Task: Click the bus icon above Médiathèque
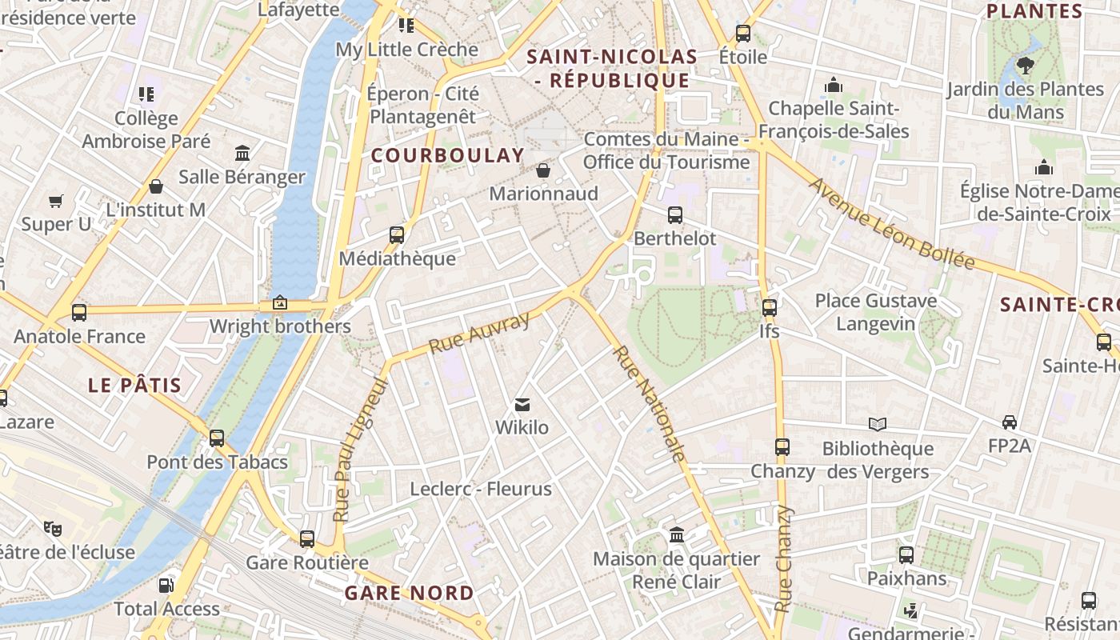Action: (396, 235)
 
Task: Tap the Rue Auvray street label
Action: (479, 334)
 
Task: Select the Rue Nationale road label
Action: (649, 404)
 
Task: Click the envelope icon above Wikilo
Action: (522, 405)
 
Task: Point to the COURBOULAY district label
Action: (448, 156)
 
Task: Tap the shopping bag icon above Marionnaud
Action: (543, 170)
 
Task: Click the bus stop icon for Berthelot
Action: (675, 215)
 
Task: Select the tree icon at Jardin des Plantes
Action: (1025, 66)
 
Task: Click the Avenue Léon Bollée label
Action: (891, 223)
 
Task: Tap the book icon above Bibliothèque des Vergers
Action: (878, 424)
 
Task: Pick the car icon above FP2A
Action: (1010, 422)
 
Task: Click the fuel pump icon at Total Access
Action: (166, 586)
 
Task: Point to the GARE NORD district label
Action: (410, 594)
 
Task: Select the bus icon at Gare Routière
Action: (307, 539)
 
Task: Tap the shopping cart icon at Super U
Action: (56, 201)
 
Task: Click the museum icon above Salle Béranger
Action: (242, 153)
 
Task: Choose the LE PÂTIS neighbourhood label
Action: (135, 386)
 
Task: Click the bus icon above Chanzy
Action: (782, 447)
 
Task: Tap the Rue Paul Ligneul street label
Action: (360, 450)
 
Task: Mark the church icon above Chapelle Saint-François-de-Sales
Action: (834, 85)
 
